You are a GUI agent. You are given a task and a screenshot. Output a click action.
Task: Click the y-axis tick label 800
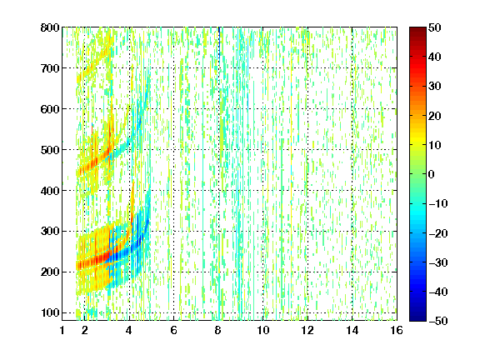tap(50, 27)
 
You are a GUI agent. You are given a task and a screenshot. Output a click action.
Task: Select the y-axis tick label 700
tap(50, 68)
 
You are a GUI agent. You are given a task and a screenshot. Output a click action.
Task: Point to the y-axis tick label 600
tap(50, 109)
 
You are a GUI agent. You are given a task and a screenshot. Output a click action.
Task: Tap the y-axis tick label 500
tap(50, 150)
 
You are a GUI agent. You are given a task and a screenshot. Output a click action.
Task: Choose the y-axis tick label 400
tap(50, 191)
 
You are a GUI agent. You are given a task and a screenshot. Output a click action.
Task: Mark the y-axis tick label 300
tap(50, 232)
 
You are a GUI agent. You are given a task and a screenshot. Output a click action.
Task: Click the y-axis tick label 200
tap(50, 272)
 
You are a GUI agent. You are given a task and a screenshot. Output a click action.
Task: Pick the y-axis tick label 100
tap(50, 312)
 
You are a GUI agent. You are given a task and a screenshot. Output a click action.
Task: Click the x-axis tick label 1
tap(62, 330)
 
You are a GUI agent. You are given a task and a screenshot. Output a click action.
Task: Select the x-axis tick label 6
tap(173, 330)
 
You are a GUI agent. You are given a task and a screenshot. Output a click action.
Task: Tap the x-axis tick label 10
tap(263, 330)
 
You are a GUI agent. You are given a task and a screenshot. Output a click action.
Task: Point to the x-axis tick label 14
tap(352, 330)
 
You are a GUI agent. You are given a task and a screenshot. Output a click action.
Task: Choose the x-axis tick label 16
tap(397, 330)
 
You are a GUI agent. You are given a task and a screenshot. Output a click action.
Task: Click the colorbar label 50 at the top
tap(435, 27)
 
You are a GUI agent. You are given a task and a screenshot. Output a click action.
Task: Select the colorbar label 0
tap(432, 174)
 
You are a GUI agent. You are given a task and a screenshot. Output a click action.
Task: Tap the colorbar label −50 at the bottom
tap(438, 321)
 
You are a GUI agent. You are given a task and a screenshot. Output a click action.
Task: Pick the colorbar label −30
tap(438, 262)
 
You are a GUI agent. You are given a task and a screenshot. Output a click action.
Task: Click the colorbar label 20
tap(435, 116)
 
